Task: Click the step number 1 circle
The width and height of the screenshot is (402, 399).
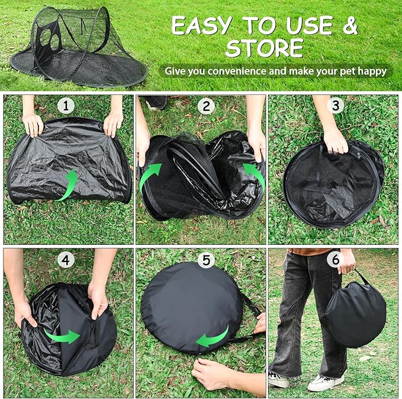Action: coord(66,106)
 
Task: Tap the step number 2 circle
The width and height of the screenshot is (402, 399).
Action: coord(205,106)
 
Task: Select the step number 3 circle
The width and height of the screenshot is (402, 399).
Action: coord(337,106)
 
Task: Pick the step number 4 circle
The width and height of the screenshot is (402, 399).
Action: coord(66,259)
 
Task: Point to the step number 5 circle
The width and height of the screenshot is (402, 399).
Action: coord(205,260)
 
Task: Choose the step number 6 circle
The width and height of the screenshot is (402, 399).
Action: coord(335,259)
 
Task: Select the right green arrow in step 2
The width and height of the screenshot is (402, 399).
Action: coord(256,176)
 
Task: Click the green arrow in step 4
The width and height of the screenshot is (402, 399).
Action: coord(63,336)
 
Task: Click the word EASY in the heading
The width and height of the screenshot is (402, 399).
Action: coord(205,25)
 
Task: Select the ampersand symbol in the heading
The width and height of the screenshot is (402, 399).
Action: coord(350,25)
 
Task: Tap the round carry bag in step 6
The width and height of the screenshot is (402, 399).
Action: coord(355,314)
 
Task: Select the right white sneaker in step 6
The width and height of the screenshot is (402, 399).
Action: coord(326,382)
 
